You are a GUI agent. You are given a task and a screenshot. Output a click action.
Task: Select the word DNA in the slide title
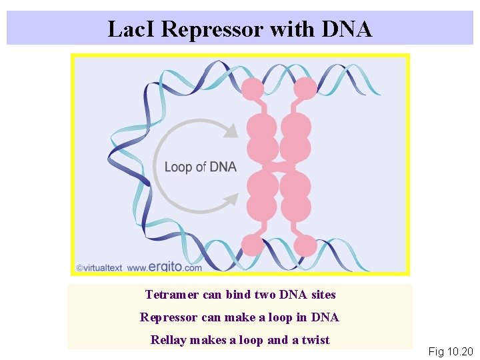coord(347,29)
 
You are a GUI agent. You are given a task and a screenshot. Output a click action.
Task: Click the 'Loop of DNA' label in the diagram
coord(200,167)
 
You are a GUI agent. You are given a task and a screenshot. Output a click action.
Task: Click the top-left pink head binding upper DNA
coord(253,89)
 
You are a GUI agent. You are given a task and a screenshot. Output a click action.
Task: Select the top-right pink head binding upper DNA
coord(305,89)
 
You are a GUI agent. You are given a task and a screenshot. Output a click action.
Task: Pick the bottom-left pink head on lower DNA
coord(253,245)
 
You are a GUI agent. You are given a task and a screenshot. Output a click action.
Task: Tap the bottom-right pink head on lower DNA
coord(305,245)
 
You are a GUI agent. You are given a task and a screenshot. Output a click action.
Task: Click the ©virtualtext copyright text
coord(99,268)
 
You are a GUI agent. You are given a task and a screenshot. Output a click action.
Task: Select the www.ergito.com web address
coord(164,267)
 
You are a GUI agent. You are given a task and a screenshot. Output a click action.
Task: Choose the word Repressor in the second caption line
coord(167,317)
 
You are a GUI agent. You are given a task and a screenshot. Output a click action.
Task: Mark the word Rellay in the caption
coord(169,340)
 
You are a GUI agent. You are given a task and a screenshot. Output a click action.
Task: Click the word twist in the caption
coord(316,340)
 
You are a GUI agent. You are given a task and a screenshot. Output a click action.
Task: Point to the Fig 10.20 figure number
coord(451,351)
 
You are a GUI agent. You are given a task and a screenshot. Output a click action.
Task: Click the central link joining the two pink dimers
coord(279,166)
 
